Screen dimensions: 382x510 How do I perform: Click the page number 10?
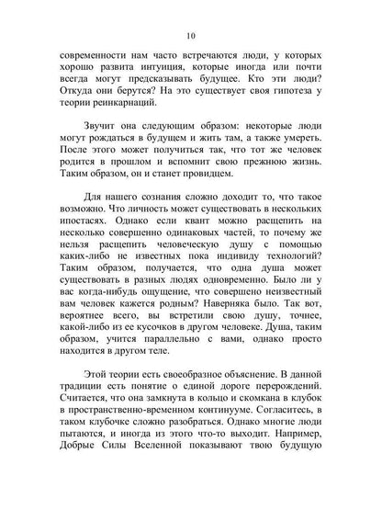(190, 36)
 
